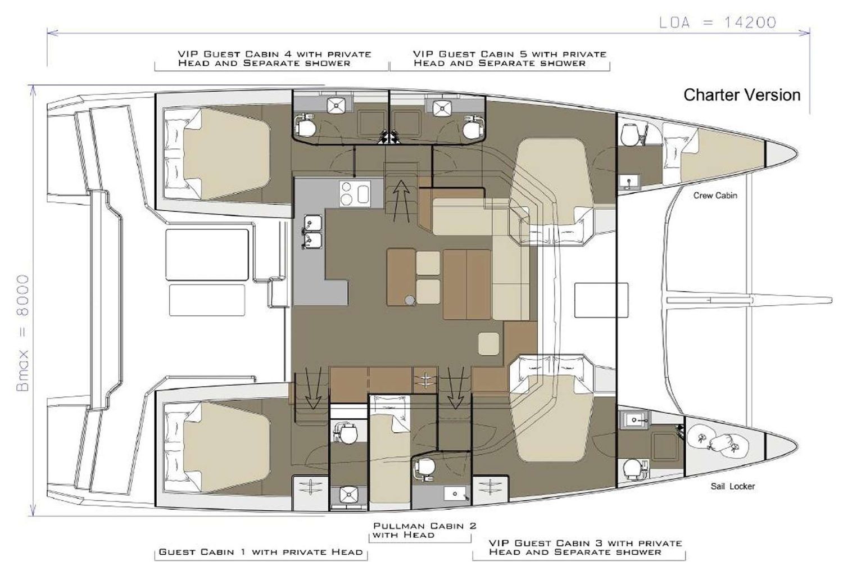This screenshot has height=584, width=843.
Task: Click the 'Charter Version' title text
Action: [x=741, y=95]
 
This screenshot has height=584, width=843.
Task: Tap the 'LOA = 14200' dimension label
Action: [x=718, y=22]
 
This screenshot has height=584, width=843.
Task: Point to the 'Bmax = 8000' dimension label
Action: [x=23, y=333]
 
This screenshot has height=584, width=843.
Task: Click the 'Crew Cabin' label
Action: [x=715, y=196]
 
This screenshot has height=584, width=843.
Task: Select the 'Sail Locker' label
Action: [x=732, y=486]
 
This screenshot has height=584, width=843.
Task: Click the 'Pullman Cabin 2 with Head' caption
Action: [x=424, y=530]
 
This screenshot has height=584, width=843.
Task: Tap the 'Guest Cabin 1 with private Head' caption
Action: [x=261, y=552]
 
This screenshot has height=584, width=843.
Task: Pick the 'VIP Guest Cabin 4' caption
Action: [x=274, y=58]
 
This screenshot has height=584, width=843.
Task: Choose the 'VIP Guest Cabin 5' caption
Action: [x=509, y=58]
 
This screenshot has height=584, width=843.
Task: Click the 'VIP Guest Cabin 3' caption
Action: [x=584, y=547]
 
